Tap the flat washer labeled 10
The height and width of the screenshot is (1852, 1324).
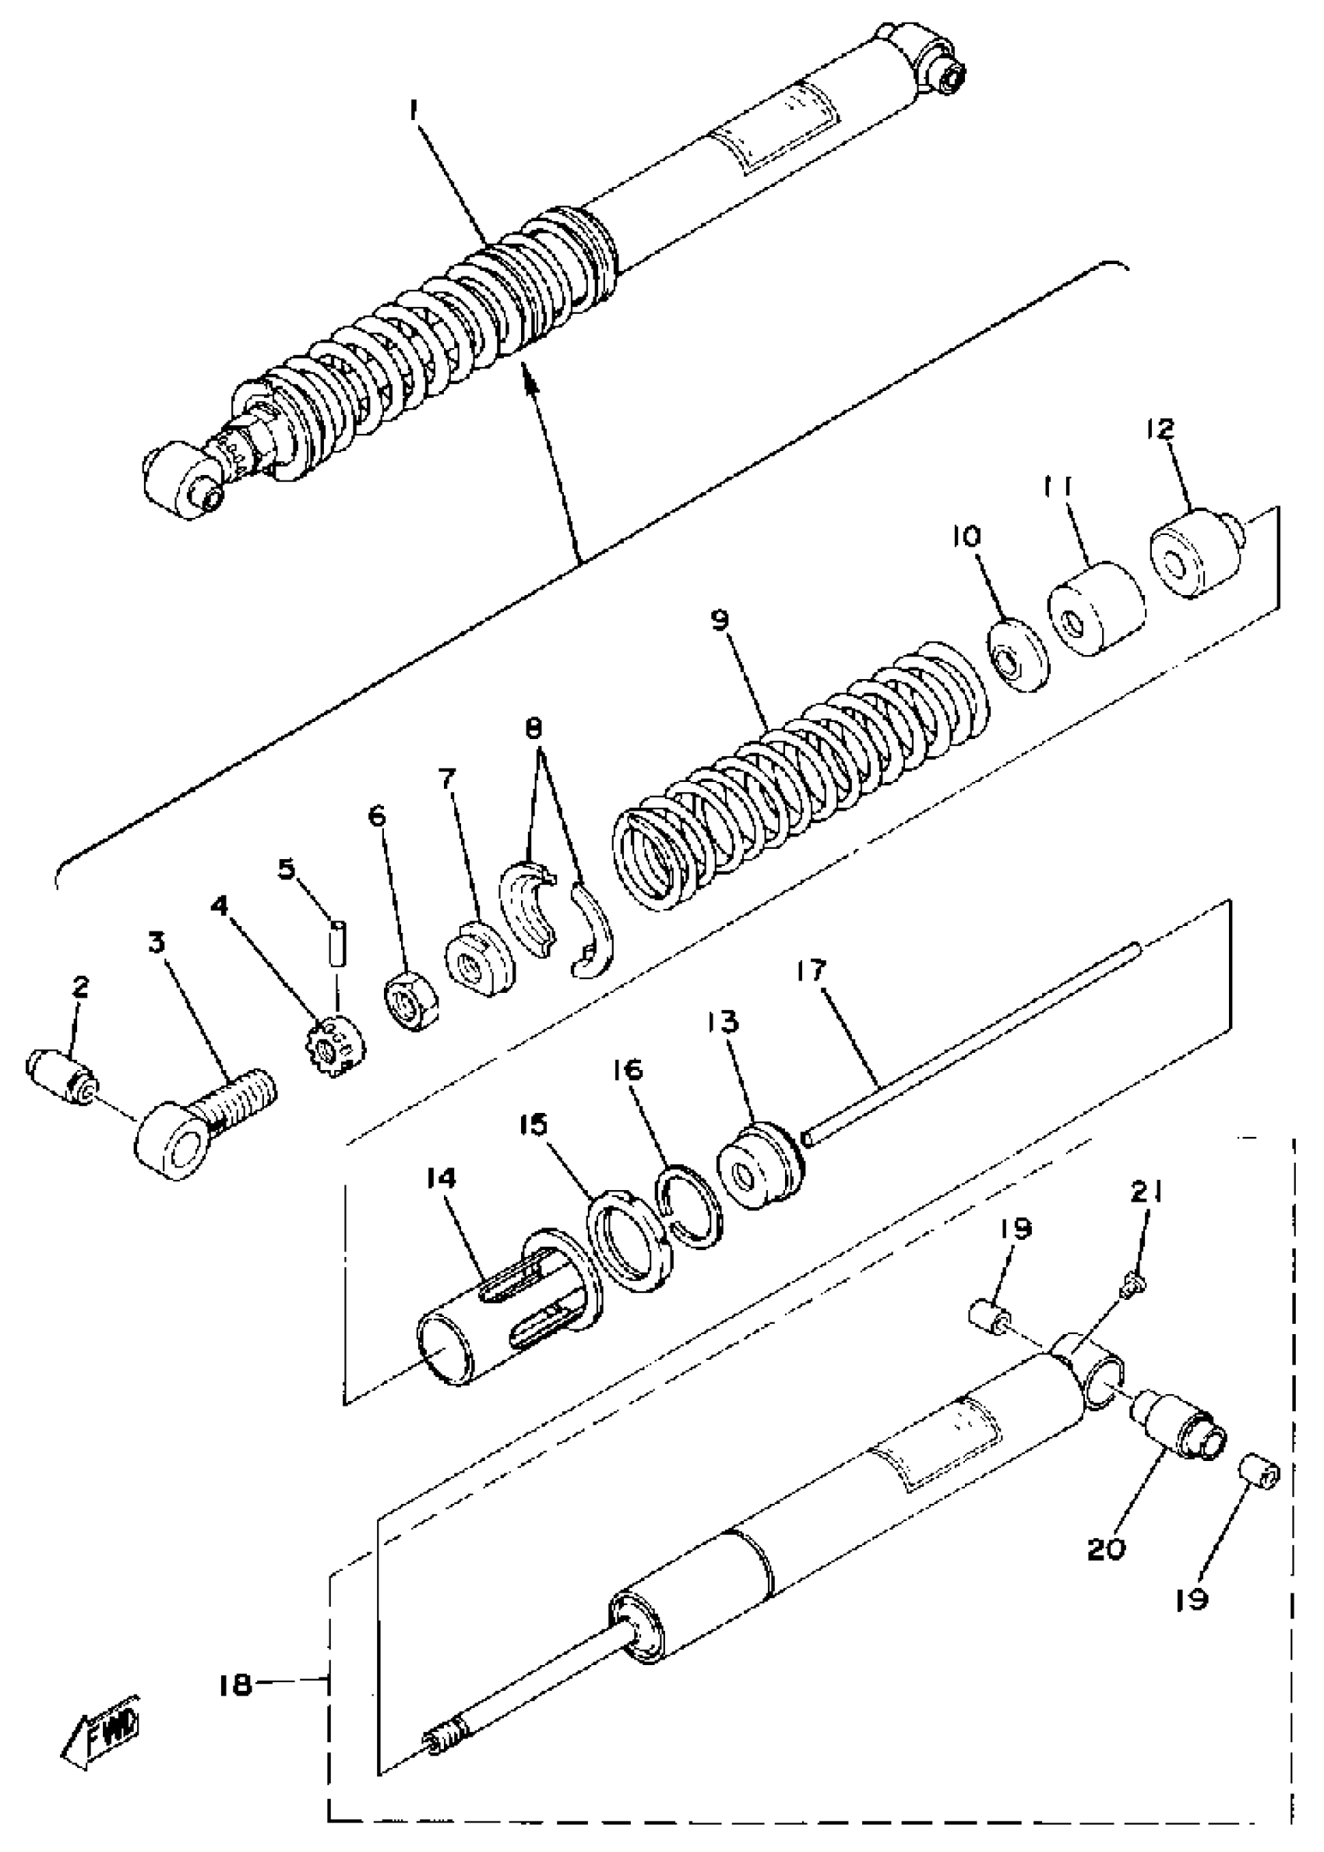(x=1018, y=656)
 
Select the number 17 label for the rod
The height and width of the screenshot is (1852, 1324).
(x=812, y=971)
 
